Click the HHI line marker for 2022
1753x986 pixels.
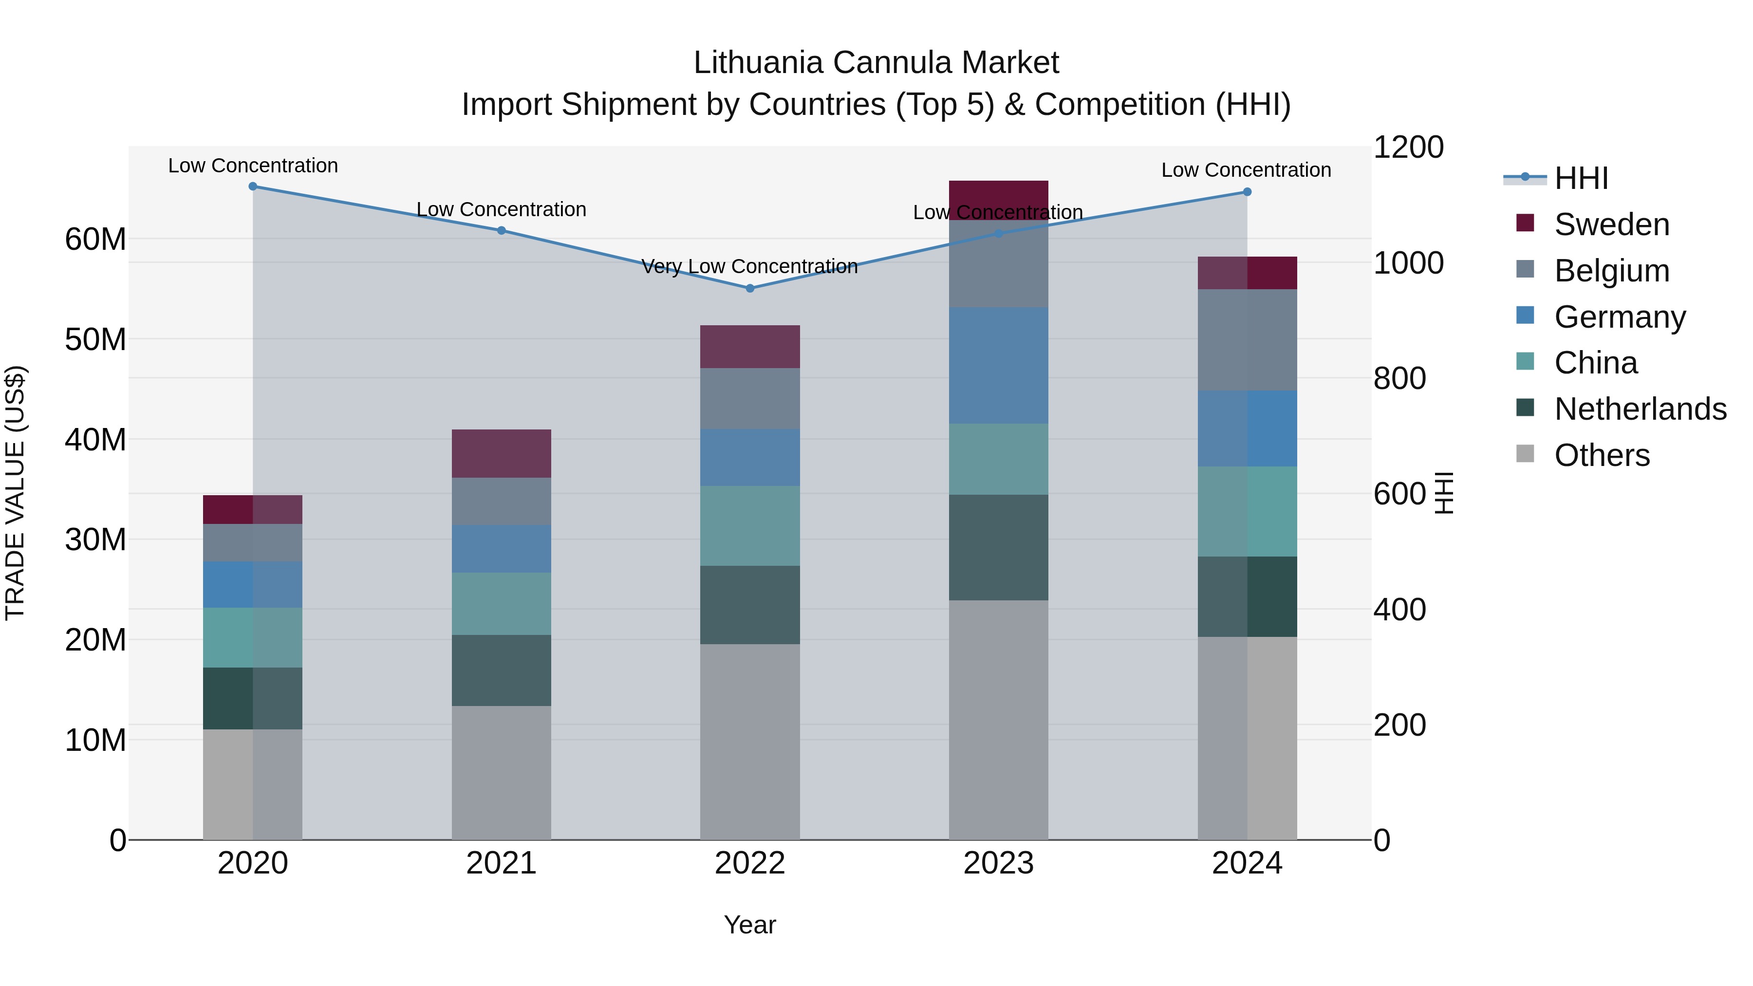(x=750, y=289)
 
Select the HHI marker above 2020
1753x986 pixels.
(x=252, y=186)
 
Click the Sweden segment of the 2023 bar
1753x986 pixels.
(x=998, y=200)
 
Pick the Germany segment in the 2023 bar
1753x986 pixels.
(x=998, y=365)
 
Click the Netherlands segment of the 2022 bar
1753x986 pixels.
(x=750, y=605)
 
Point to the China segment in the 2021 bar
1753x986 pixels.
(x=501, y=604)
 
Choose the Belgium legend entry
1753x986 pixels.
(x=1611, y=271)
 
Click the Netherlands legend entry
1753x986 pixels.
(x=1640, y=409)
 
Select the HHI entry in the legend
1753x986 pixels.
(x=1581, y=178)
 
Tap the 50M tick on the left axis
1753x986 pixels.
(x=95, y=339)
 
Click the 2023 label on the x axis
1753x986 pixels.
(x=998, y=863)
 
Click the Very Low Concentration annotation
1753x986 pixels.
(x=749, y=266)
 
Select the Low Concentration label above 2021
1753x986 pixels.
(x=501, y=209)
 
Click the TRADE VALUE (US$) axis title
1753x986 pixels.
(x=15, y=493)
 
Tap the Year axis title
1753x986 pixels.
(x=749, y=925)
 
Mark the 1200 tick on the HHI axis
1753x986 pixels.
(x=1407, y=147)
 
